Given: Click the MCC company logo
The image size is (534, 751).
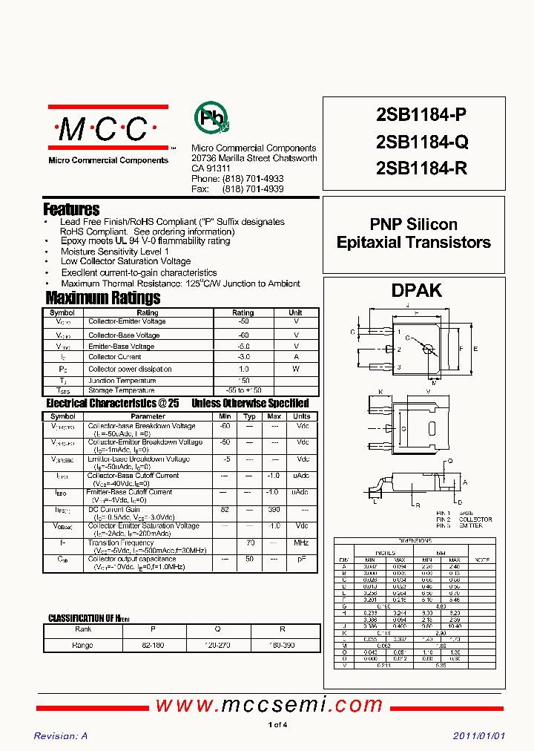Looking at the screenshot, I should click(108, 130).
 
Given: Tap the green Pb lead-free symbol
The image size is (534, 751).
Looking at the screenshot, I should click(211, 118).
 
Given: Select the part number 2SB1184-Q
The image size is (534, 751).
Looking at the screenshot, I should click(422, 141).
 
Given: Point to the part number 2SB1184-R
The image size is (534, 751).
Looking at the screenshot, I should click(422, 168).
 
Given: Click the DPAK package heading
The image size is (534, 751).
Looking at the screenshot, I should click(416, 290).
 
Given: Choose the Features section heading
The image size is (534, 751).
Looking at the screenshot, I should click(71, 209).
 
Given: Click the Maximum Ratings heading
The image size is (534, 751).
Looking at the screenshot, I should click(102, 298).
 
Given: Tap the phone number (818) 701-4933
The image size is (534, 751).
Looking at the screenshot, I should click(252, 180).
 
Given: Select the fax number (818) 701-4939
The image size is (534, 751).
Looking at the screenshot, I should click(252, 189).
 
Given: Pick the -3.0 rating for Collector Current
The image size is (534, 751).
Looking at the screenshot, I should click(243, 357).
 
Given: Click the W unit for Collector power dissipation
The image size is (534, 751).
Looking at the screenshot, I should click(295, 369).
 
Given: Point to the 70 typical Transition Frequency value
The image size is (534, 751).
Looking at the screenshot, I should click(251, 543).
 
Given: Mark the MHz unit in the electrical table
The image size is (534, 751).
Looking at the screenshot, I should click(301, 543).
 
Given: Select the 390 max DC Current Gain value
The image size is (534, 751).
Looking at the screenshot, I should click(274, 511).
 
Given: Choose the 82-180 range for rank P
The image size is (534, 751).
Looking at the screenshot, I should click(152, 645).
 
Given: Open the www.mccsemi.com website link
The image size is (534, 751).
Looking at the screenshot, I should click(269, 705).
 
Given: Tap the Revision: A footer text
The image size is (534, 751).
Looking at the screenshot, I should click(61, 735).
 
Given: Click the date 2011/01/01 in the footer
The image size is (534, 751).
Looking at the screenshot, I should click(478, 735).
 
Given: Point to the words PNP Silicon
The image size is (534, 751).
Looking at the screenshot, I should click(413, 224).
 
